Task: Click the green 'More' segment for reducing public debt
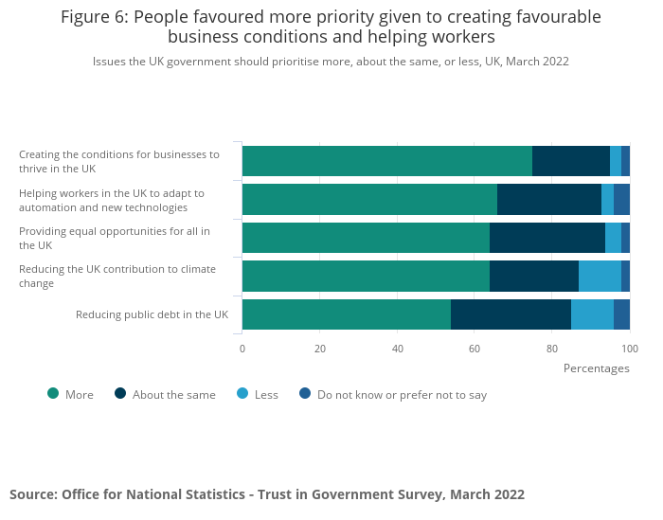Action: tap(347, 314)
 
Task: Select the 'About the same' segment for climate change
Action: tap(534, 276)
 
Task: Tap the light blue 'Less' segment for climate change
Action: tap(600, 276)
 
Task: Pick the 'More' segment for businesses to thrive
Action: tap(387, 161)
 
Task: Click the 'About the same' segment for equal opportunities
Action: tap(547, 238)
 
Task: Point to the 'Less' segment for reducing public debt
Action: tap(592, 314)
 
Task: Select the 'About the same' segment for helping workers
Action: tap(549, 199)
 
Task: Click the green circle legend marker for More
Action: tap(53, 394)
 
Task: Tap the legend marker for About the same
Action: tap(120, 394)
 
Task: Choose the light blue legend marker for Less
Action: tap(242, 394)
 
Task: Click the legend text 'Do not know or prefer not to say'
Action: tap(402, 395)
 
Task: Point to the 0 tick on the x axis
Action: tap(242, 349)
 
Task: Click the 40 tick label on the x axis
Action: tap(398, 349)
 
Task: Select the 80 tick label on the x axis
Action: tap(552, 349)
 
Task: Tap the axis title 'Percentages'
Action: tap(596, 368)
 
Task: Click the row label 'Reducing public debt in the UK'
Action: tap(152, 314)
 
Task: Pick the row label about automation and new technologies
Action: tap(112, 200)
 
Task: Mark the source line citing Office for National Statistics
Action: tap(267, 494)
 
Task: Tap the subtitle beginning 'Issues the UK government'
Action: tap(331, 62)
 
